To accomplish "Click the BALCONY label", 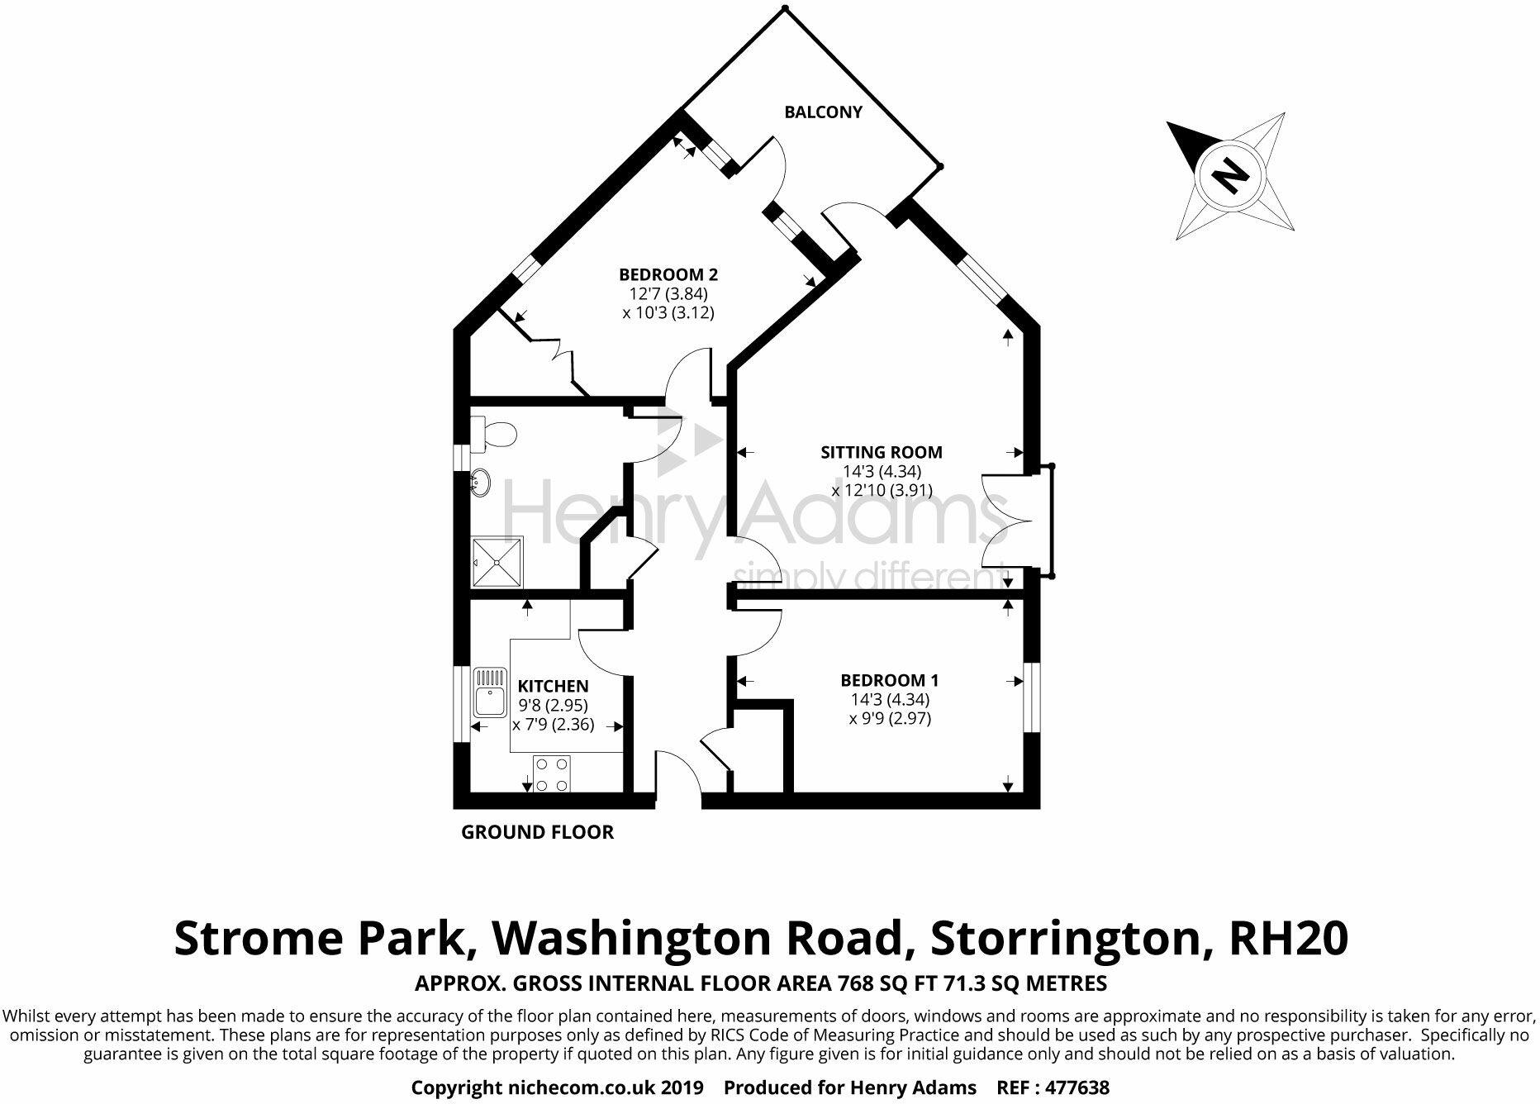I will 823,112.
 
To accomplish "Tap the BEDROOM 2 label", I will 668,274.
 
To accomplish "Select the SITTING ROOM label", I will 882,452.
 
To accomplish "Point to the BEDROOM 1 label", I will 890,680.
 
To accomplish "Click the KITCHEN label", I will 553,686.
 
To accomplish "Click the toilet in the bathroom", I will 495,432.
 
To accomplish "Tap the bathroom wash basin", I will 480,483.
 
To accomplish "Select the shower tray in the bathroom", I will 497,562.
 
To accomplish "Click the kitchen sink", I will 489,692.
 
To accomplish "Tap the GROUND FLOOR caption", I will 537,832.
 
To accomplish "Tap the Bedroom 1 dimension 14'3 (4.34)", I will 890,699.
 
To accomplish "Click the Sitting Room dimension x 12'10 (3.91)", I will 882,490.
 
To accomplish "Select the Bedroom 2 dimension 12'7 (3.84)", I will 668,293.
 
